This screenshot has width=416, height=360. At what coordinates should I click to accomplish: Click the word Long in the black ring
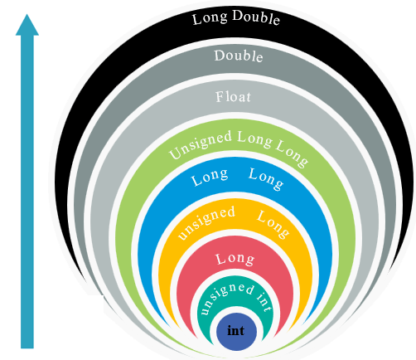tap(210, 19)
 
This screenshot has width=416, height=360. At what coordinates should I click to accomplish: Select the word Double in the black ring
tap(256, 17)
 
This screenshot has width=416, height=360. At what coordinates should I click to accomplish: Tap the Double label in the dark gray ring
tap(239, 56)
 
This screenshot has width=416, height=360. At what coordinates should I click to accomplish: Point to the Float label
tap(233, 97)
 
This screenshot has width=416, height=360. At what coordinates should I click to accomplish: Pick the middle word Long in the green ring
tap(254, 140)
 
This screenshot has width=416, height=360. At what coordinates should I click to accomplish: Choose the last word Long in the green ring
tap(292, 153)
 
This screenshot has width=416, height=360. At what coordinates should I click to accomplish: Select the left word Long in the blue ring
tap(210, 178)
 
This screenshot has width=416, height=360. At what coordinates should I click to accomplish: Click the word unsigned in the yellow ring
tap(206, 222)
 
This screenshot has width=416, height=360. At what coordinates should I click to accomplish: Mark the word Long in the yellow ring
tap(273, 224)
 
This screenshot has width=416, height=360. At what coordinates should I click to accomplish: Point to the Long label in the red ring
tap(235, 260)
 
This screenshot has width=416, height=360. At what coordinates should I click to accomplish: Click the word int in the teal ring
tap(264, 302)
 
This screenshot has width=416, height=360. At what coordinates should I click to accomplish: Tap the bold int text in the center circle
tap(236, 331)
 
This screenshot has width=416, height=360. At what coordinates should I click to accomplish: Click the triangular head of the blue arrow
tap(27, 25)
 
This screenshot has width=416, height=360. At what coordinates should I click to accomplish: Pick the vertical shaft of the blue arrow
tap(27, 192)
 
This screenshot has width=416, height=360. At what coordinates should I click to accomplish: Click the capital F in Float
tap(220, 97)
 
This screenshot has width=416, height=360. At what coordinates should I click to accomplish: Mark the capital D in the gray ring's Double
tap(220, 56)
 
